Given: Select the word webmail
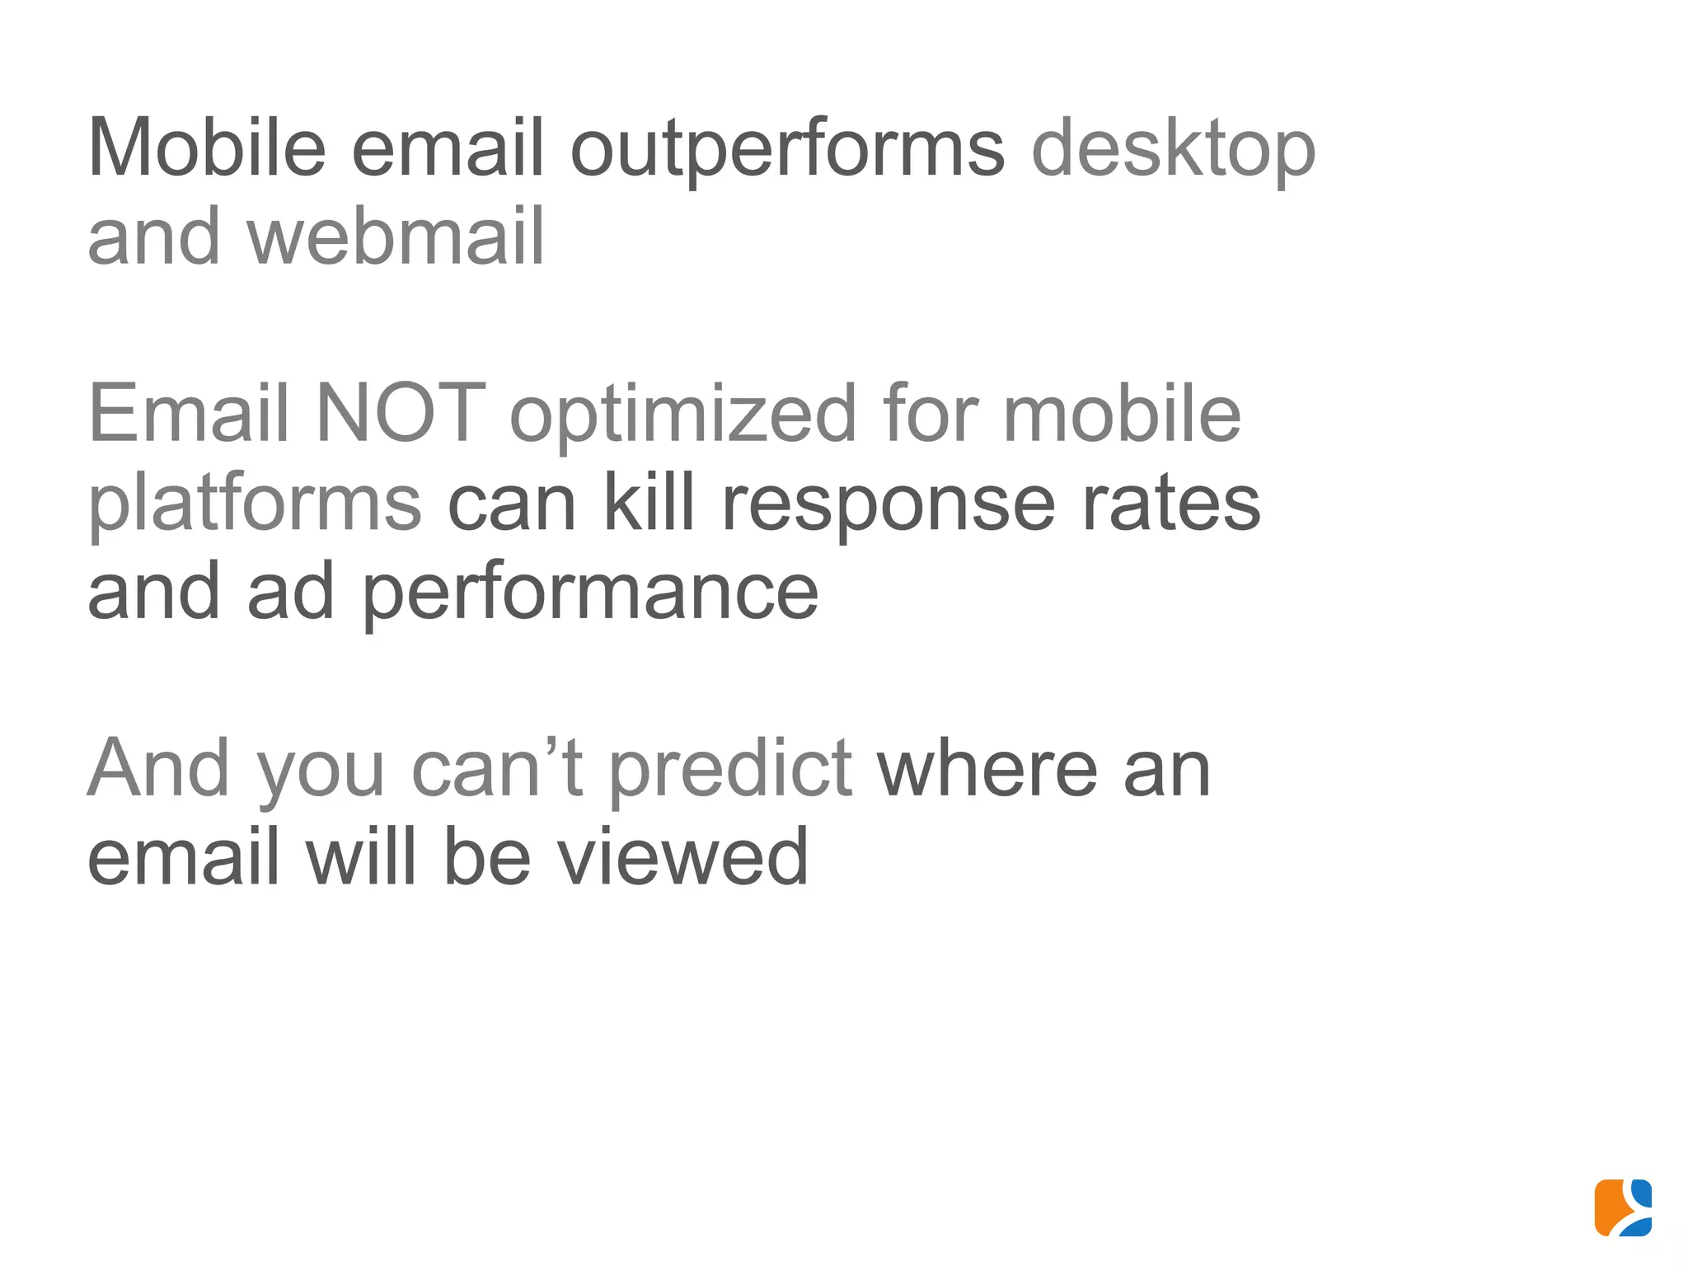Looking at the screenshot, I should [396, 237].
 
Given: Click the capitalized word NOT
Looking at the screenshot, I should [401, 413].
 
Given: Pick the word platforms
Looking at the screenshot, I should [255, 504].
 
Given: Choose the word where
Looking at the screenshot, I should [987, 769].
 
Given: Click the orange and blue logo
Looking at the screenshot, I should [1623, 1207].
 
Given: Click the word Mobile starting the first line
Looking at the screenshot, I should [207, 148].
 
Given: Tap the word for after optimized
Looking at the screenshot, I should [930, 413].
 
